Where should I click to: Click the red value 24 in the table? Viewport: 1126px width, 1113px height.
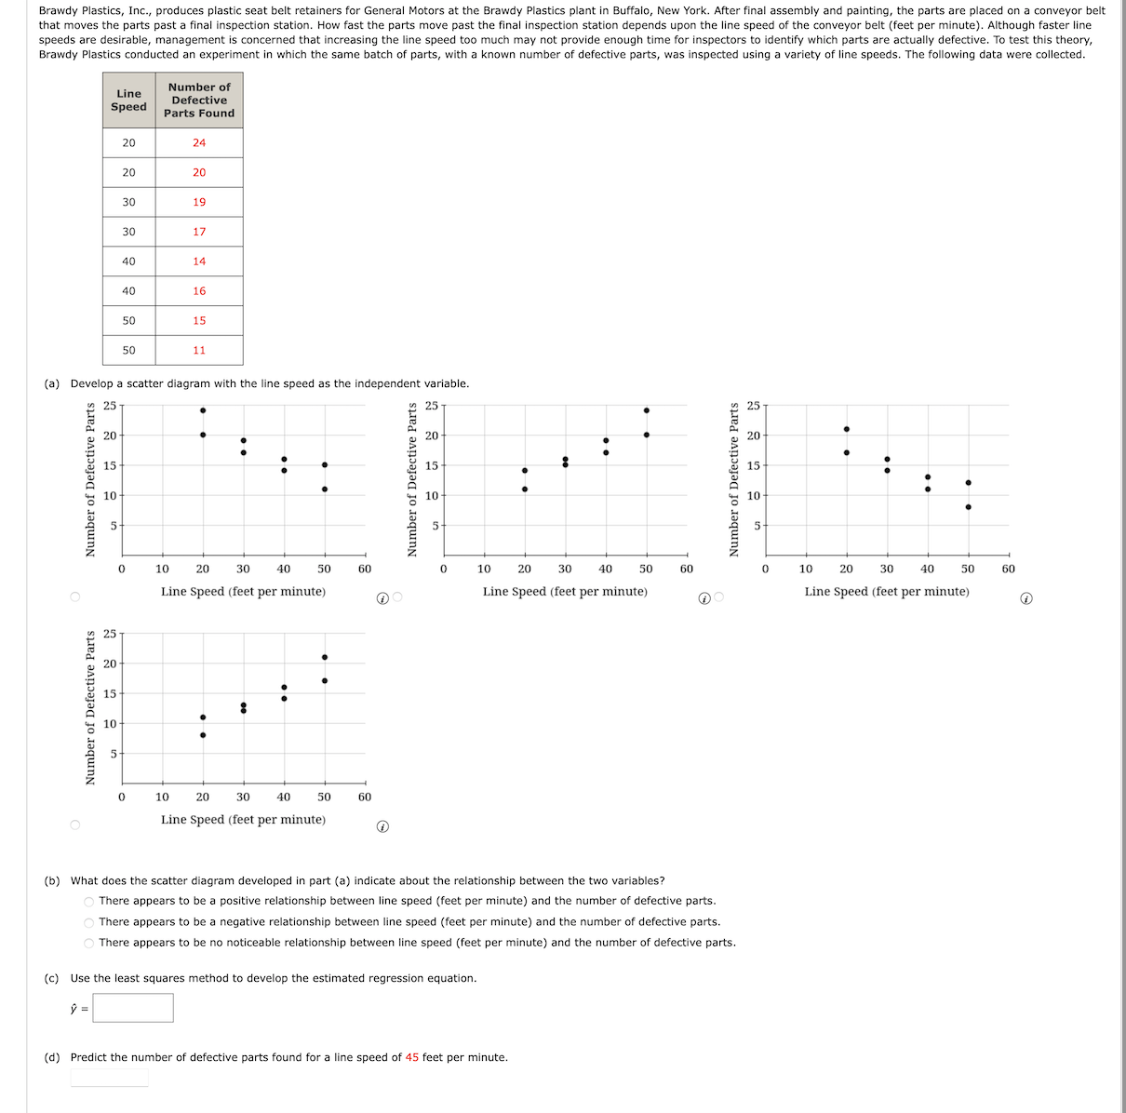coord(199,143)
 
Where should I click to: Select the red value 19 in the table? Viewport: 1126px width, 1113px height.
coord(199,202)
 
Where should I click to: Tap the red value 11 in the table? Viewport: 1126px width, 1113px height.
coord(199,351)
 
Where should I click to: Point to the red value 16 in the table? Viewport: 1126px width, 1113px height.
coord(199,291)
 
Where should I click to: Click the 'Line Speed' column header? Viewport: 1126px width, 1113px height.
coord(128,101)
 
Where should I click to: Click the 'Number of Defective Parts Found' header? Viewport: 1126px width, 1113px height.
coord(199,101)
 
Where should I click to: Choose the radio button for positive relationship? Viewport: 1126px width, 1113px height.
coord(89,902)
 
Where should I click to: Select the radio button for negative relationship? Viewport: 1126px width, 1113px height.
coord(89,922)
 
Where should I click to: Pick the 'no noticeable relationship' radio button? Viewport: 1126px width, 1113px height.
coord(89,944)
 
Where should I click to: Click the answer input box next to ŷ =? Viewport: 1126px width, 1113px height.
coord(133,1008)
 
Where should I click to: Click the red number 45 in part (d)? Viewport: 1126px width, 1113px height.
coord(412,1058)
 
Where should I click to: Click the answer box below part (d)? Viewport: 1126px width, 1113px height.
coord(109,1078)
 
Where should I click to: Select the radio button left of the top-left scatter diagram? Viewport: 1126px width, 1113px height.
coord(74,597)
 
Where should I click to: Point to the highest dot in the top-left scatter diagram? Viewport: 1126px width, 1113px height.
coord(203,410)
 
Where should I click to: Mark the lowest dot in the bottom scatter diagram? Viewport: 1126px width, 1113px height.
coord(203,735)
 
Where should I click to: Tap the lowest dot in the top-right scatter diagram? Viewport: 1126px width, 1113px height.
coord(969,507)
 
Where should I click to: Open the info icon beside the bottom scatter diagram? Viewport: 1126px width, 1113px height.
coord(382,826)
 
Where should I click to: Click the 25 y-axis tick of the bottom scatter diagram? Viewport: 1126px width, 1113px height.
coord(110,635)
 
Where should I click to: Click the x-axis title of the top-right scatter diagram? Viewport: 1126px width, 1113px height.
coord(887,592)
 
